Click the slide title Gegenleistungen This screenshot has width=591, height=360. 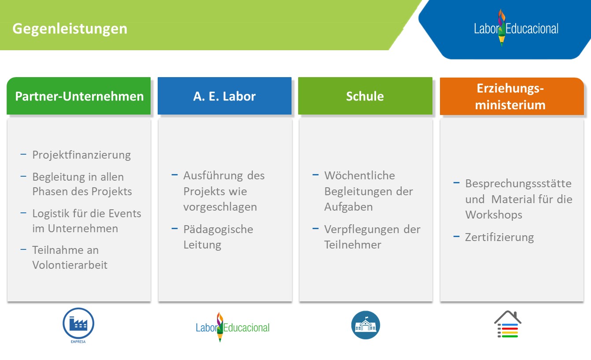click(x=70, y=29)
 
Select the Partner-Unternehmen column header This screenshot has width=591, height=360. click(x=79, y=96)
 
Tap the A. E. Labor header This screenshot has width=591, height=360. click(x=225, y=96)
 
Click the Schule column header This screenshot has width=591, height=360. click(x=365, y=96)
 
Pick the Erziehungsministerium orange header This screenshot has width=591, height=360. click(x=512, y=96)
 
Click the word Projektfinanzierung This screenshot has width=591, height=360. click(x=81, y=155)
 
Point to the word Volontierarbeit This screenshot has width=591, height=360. click(x=70, y=265)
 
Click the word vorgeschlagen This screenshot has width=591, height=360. click(x=220, y=207)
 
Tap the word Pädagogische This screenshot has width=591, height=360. click(x=218, y=230)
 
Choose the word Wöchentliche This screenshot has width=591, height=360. click(x=360, y=175)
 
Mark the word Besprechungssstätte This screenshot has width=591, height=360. click(x=518, y=184)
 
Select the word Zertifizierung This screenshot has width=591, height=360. click(x=499, y=237)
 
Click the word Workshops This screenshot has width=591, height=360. click(x=494, y=215)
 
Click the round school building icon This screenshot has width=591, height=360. click(x=366, y=325)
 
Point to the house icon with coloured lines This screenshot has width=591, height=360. click(x=508, y=324)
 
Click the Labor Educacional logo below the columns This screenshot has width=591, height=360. click(x=233, y=327)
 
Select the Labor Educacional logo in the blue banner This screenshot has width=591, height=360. click(x=516, y=28)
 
